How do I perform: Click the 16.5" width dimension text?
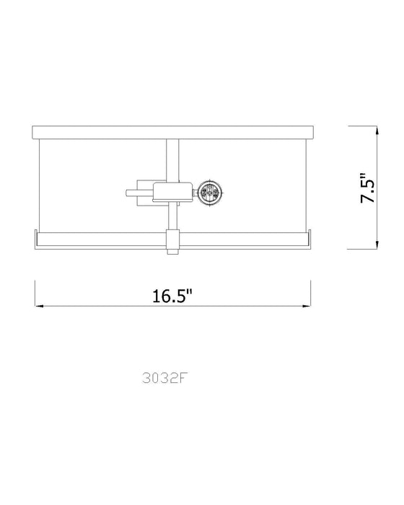pos(173,296)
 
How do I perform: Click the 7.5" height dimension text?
pos(369,188)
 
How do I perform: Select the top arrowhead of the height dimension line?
pos(376,130)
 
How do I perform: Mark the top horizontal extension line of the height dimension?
pos(364,126)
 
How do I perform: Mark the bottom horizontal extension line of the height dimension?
pos(364,249)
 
